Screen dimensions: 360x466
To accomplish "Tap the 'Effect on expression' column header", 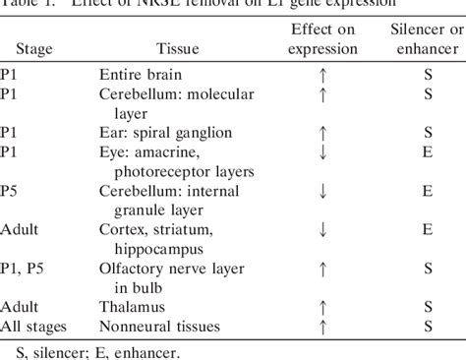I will [x=322, y=39].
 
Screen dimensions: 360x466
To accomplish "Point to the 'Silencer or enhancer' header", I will [x=428, y=39].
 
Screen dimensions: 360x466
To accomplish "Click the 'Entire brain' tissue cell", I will [x=140, y=75].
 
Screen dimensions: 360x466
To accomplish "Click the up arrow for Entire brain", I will [x=322, y=75].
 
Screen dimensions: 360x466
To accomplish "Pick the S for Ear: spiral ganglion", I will [x=428, y=131].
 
